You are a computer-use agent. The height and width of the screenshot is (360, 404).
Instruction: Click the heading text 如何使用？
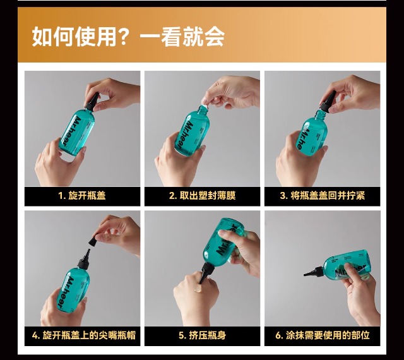click(x=80, y=37)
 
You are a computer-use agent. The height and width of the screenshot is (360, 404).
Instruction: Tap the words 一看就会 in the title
click(x=182, y=37)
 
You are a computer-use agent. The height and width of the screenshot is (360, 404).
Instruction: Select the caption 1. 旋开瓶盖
click(x=82, y=196)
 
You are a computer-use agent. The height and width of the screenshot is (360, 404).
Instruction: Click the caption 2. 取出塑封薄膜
click(x=202, y=196)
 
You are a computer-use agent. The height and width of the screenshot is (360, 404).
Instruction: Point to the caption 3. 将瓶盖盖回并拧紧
click(x=323, y=196)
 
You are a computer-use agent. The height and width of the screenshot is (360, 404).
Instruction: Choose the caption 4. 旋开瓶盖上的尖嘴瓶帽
click(x=83, y=335)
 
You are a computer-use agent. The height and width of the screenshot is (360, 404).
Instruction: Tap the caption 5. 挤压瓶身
click(x=202, y=335)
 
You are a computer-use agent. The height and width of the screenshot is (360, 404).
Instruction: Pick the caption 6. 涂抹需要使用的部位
click(x=323, y=335)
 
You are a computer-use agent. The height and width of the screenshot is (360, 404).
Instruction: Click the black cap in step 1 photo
click(x=92, y=101)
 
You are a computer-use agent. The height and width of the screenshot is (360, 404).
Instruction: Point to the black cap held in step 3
click(x=328, y=101)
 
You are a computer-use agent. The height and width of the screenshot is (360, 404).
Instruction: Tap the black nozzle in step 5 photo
click(x=206, y=273)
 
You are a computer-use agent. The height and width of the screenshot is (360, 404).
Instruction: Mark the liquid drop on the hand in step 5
click(x=198, y=288)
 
